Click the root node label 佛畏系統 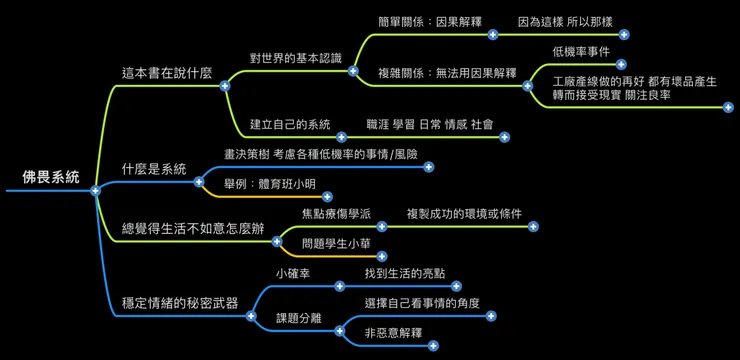50,177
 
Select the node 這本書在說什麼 166,73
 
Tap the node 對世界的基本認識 295,58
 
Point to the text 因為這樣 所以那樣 565,21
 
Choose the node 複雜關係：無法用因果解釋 447,73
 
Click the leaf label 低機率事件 581,51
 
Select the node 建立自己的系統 290,124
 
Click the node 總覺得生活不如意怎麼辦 194,229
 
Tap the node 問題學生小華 337,244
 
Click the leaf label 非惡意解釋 393,333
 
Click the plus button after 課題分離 339,331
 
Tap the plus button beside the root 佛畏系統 95,190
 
